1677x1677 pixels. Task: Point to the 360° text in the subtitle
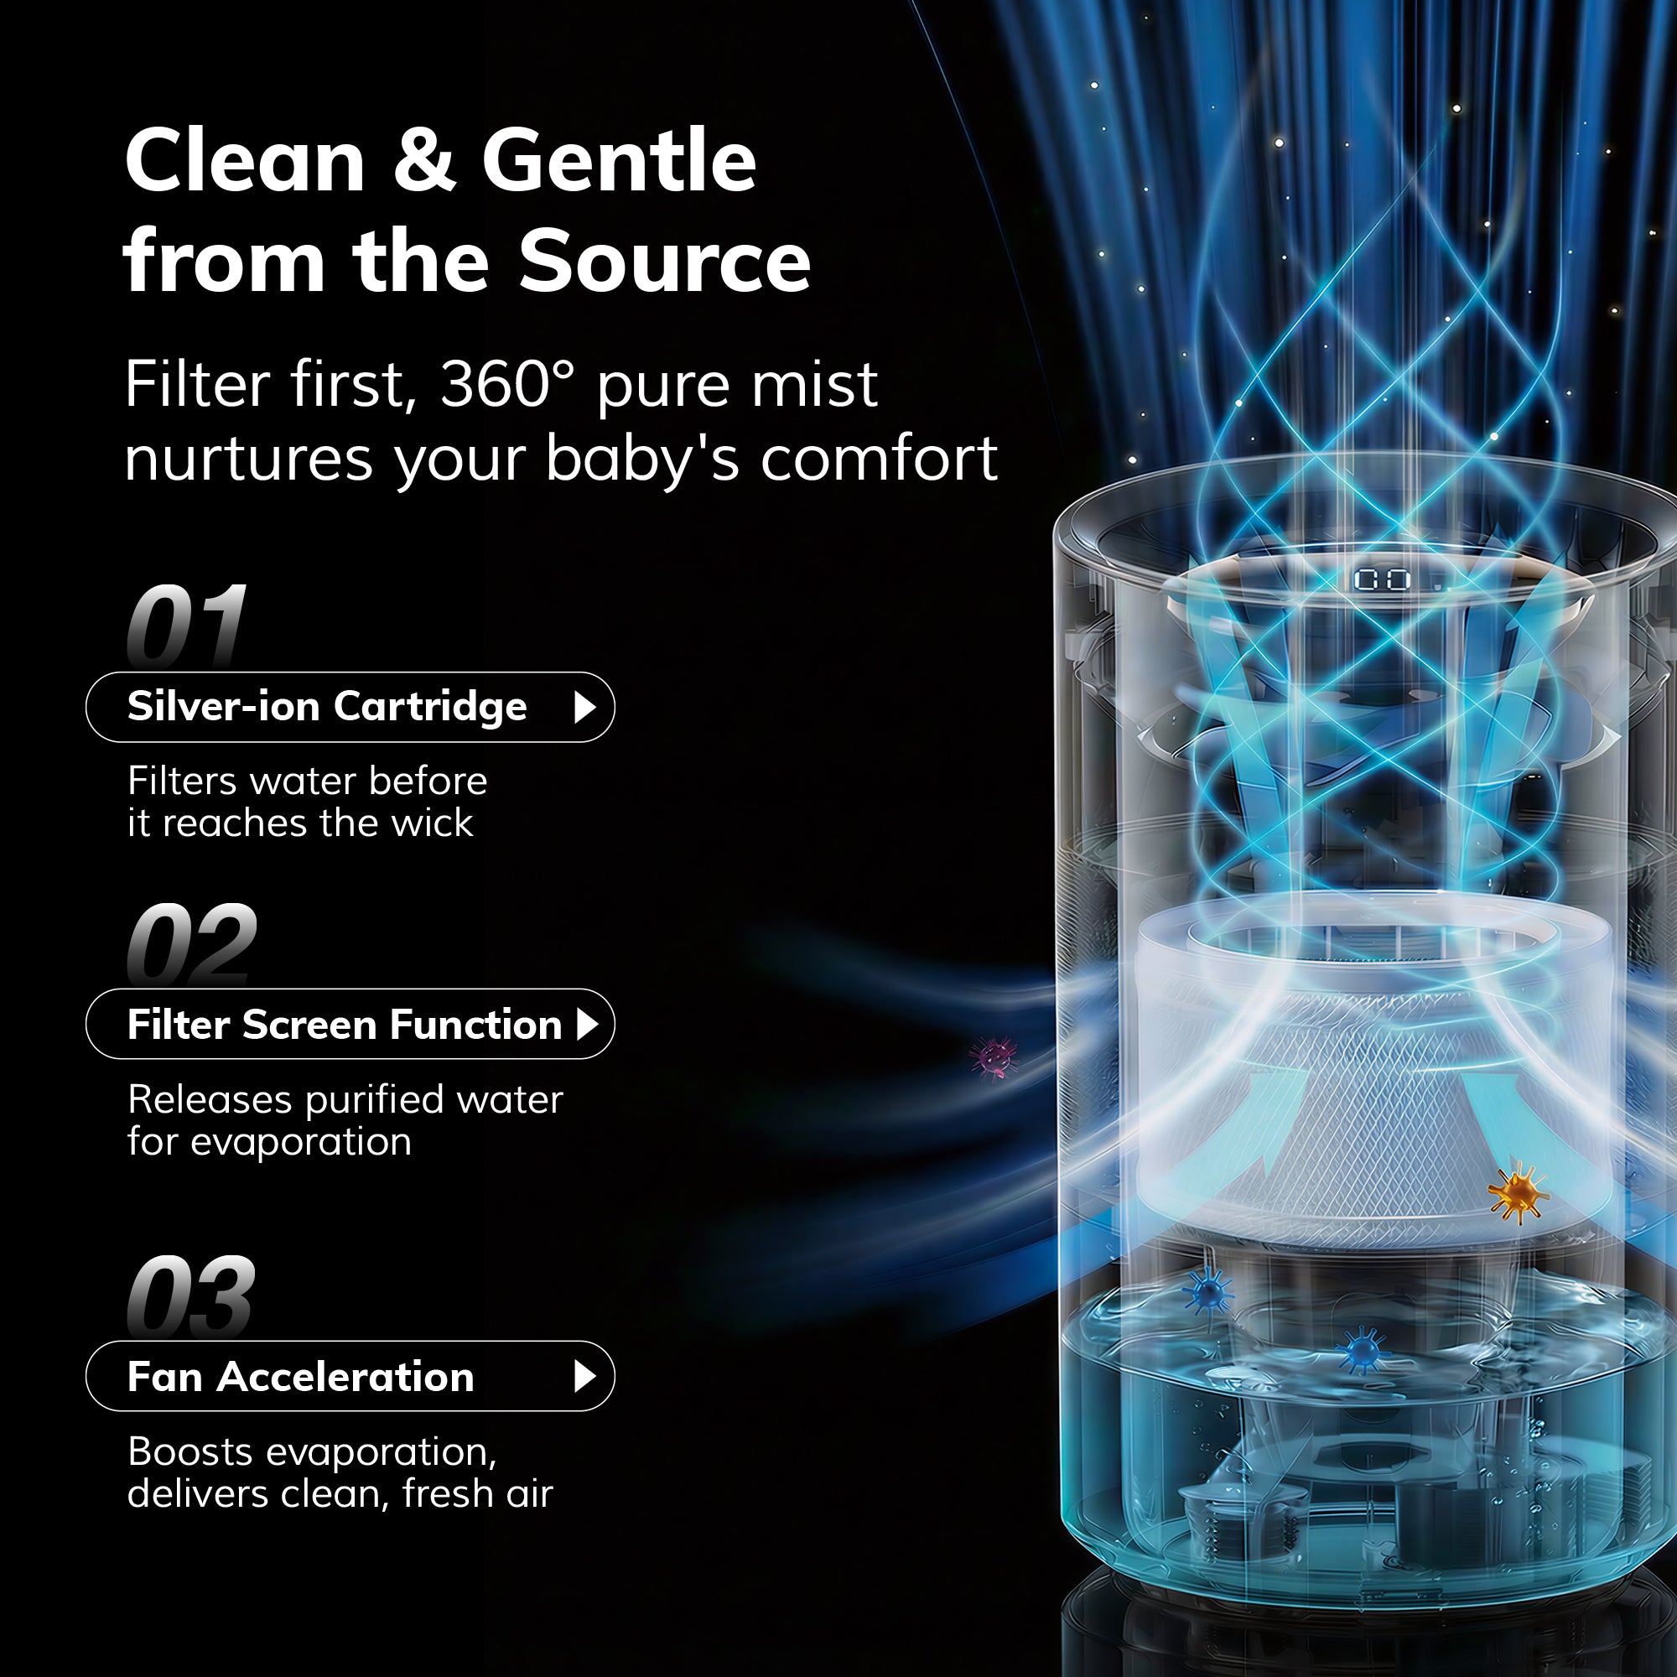(507, 384)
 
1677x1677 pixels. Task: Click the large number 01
(187, 625)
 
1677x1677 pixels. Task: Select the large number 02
(192, 942)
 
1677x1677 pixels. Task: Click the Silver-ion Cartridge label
(327, 707)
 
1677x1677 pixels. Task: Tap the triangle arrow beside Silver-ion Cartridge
(585, 708)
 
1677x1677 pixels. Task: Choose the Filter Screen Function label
(345, 1025)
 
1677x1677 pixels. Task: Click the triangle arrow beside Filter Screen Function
(588, 1025)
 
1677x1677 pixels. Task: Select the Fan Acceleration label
(301, 1377)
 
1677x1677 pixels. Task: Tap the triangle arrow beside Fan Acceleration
(585, 1377)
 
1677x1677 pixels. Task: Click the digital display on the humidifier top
(1383, 579)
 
